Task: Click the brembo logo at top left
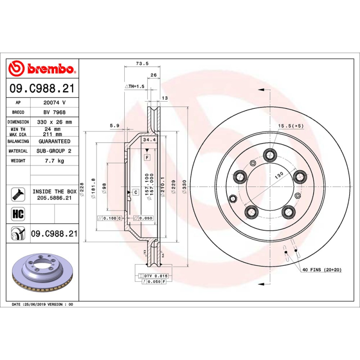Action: [42, 69]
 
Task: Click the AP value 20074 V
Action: [54, 103]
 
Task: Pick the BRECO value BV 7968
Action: [54, 112]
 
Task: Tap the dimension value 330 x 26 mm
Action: [54, 122]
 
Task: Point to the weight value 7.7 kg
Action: [54, 161]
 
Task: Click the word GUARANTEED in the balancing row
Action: [54, 141]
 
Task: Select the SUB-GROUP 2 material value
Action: [54, 151]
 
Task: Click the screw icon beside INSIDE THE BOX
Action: [17, 194]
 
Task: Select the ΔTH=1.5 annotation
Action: [134, 86]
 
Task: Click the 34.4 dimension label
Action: [149, 140]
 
